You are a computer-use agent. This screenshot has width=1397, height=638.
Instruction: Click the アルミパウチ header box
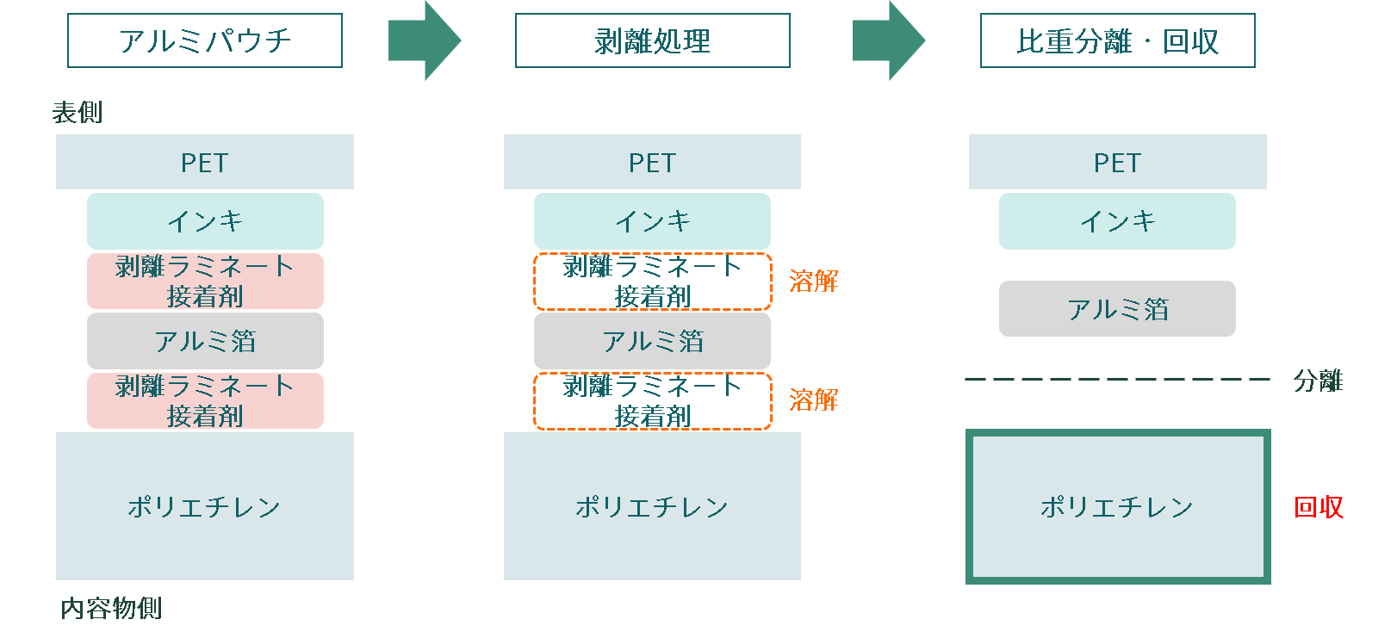(x=205, y=40)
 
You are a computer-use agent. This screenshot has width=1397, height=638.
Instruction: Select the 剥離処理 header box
(x=652, y=40)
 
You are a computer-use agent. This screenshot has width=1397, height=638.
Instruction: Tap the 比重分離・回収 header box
(x=1117, y=40)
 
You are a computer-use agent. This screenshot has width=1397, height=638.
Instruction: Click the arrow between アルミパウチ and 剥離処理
(x=424, y=40)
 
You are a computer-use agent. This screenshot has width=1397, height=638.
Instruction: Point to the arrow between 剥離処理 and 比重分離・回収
(x=888, y=40)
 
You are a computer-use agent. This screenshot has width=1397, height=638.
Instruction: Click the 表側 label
(x=78, y=112)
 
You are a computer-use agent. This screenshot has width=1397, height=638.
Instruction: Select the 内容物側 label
(x=111, y=608)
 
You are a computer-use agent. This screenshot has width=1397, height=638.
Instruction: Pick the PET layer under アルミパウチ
(x=205, y=162)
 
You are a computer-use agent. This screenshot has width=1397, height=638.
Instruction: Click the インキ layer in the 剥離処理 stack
(x=652, y=221)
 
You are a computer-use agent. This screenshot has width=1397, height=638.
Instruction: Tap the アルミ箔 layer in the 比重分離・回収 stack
(x=1117, y=308)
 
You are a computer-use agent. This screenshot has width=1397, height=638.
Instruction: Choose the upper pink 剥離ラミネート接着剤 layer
(x=205, y=281)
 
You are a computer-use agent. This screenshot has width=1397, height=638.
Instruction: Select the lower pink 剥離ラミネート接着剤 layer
(x=205, y=400)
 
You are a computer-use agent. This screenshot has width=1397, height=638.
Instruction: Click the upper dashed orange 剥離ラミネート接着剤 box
(x=652, y=281)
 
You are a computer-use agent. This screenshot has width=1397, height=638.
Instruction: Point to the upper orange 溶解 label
(x=813, y=281)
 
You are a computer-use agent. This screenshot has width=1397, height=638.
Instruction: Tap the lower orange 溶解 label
(x=813, y=400)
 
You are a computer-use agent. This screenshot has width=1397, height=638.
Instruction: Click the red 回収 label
(x=1318, y=507)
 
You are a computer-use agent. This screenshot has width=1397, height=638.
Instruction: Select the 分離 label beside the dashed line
(x=1318, y=380)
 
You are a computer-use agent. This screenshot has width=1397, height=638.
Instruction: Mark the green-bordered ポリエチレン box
(x=1117, y=506)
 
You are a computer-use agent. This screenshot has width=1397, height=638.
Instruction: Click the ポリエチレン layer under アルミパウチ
(x=205, y=506)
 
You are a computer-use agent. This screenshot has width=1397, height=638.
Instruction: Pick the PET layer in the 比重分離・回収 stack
(x=1117, y=162)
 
